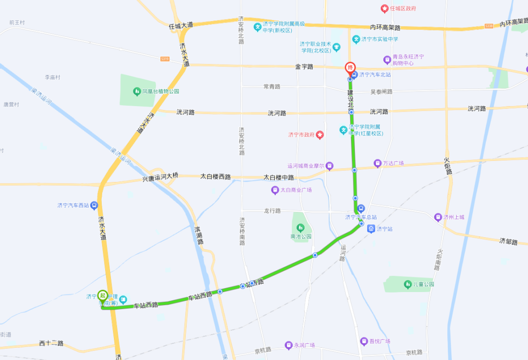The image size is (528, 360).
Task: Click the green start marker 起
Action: pos(103,295)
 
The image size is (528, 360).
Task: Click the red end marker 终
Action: pos(350,67)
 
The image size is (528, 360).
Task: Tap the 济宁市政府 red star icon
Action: pos(320,135)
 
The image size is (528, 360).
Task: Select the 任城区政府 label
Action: pos(403,9)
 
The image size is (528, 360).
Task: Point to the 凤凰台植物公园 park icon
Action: pos(137,91)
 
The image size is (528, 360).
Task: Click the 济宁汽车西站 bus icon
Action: pos(94,205)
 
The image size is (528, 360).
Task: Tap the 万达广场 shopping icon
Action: pos(377,163)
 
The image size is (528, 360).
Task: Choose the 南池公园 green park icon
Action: pos(300,227)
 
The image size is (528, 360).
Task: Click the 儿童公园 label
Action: pos(423,284)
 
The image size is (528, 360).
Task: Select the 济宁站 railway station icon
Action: pos(372,228)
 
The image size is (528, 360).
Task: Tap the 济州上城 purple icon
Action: pos(438,217)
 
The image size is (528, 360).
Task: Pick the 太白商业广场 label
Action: pos(296,190)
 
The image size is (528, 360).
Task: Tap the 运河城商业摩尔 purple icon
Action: pos(330,166)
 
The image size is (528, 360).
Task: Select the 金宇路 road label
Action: pos(304,67)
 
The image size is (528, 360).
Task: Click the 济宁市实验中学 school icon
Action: pos(356,39)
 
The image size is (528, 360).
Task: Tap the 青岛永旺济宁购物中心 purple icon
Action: pos(387,60)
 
